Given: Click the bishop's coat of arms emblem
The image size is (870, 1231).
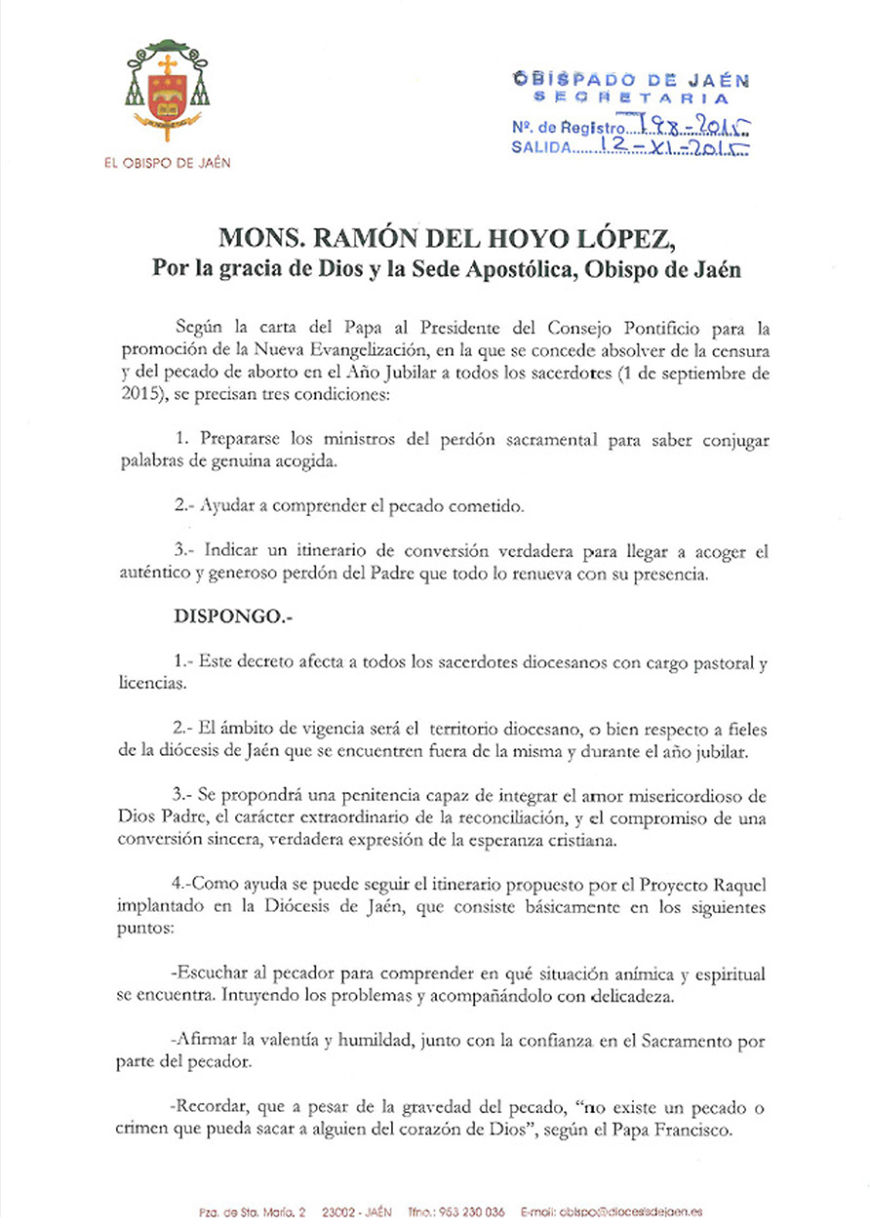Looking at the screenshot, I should tap(167, 90).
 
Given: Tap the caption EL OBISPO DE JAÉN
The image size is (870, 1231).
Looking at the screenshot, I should tap(167, 163).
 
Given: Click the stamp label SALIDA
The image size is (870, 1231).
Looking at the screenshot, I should tap(539, 149).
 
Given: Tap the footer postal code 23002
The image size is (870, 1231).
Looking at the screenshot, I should tap(332, 1211).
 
